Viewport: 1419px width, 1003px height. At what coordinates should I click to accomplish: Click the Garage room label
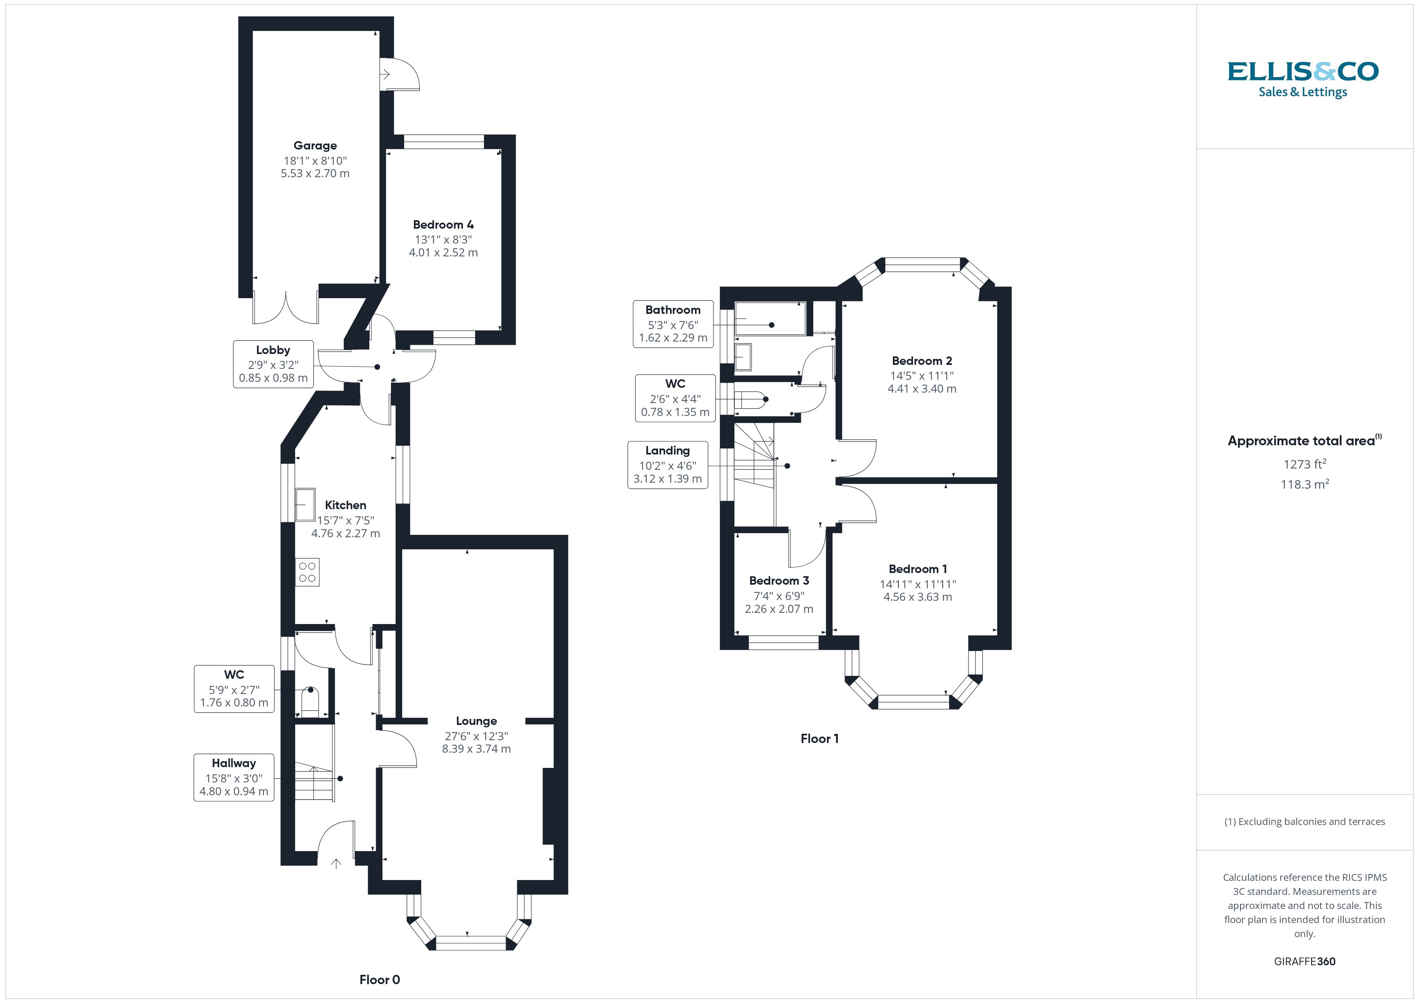pyautogui.click(x=315, y=146)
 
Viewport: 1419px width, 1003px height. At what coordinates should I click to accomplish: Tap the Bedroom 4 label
pyautogui.click(x=443, y=225)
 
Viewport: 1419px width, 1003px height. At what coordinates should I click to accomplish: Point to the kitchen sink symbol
pyautogui.click(x=305, y=505)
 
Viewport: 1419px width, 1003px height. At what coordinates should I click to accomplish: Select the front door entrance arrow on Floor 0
pyautogui.click(x=336, y=864)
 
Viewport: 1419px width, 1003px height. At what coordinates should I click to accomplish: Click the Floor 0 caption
pyautogui.click(x=379, y=980)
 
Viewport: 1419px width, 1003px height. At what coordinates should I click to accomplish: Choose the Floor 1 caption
pyautogui.click(x=820, y=739)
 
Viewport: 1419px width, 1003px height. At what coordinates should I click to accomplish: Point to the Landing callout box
pyautogui.click(x=668, y=465)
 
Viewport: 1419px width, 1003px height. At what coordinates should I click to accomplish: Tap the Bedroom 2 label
pyautogui.click(x=921, y=361)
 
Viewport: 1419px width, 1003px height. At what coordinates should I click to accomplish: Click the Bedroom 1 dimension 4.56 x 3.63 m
pyautogui.click(x=918, y=597)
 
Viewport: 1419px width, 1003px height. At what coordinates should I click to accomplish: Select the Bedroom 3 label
pyautogui.click(x=779, y=581)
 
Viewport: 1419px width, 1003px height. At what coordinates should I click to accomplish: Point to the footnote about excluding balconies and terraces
pyautogui.click(x=1305, y=821)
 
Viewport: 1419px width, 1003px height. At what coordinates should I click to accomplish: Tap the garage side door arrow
pyautogui.click(x=385, y=75)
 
